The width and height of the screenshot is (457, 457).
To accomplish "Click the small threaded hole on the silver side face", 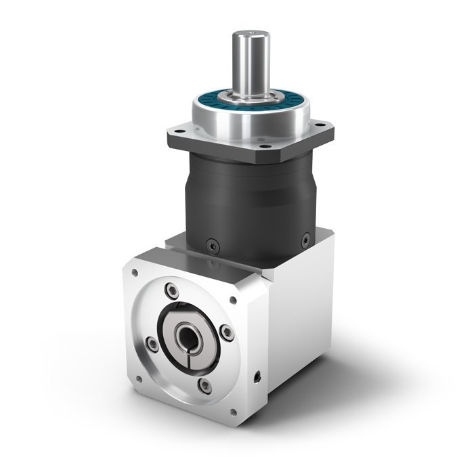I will [258, 374].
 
